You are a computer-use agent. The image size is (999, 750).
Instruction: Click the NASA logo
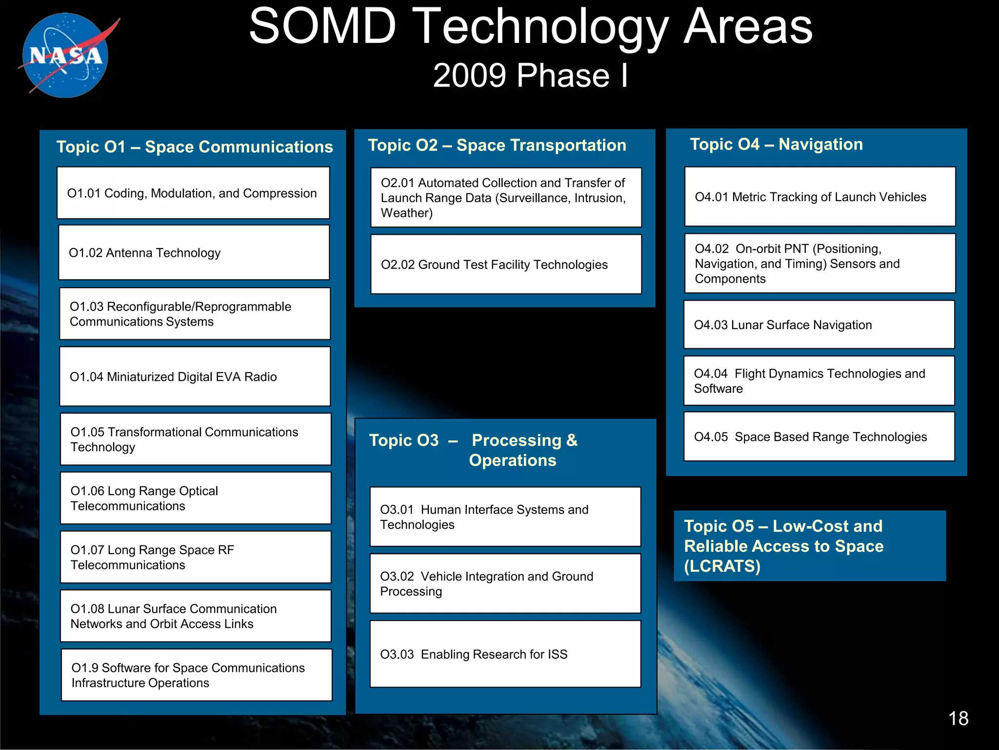pyautogui.click(x=66, y=55)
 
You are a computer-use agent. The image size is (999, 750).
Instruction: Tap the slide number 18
pyautogui.click(x=958, y=718)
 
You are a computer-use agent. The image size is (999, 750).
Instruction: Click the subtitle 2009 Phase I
pyautogui.click(x=530, y=76)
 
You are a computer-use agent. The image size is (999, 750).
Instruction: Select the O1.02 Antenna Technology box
pyautogui.click(x=194, y=252)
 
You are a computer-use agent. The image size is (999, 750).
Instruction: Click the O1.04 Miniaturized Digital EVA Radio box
pyautogui.click(x=195, y=376)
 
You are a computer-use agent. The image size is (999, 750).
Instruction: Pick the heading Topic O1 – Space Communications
pyautogui.click(x=194, y=146)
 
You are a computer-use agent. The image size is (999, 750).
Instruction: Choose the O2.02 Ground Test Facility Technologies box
pyautogui.click(x=506, y=264)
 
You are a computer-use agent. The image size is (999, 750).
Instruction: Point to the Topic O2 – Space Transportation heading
pyautogui.click(x=497, y=145)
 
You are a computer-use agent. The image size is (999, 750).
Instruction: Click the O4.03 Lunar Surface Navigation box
pyautogui.click(x=819, y=325)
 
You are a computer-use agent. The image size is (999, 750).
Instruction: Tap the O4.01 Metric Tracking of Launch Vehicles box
pyautogui.click(x=819, y=197)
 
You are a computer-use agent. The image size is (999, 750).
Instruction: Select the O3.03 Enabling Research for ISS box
pyautogui.click(x=505, y=654)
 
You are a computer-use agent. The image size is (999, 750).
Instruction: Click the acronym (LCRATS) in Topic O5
pyautogui.click(x=722, y=566)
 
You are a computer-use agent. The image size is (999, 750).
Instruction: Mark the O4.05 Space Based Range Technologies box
pyautogui.click(x=819, y=437)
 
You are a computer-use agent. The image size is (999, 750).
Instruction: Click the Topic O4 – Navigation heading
pyautogui.click(x=776, y=144)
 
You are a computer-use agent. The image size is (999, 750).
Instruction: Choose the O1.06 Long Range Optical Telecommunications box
pyautogui.click(x=195, y=498)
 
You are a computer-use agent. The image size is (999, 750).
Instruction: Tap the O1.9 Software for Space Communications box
pyautogui.click(x=196, y=675)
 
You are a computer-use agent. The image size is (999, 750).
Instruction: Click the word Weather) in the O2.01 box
pyautogui.click(x=406, y=213)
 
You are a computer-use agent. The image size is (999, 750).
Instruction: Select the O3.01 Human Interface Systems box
pyautogui.click(x=505, y=517)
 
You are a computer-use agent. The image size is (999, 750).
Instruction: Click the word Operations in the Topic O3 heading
pyautogui.click(x=512, y=460)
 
